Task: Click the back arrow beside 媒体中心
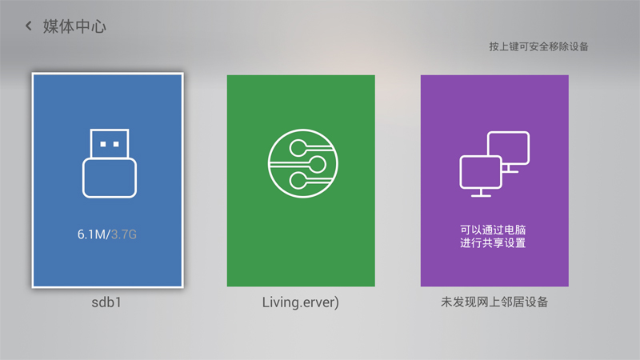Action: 29,26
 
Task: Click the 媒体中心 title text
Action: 74,26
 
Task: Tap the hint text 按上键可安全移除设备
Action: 538,46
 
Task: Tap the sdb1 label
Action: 108,304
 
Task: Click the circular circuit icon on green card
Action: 300,164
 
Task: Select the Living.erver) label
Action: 301,304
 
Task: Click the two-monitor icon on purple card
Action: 494,163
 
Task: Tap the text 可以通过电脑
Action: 494,230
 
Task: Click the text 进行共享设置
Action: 494,243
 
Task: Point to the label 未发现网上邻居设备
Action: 494,304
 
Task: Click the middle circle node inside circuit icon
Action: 316,164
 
